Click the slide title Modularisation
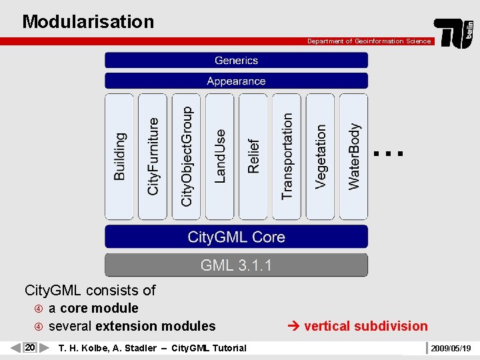click(x=88, y=21)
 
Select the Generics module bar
click(x=236, y=60)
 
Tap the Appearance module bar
click(x=236, y=81)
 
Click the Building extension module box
click(x=119, y=157)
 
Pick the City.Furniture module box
click(x=153, y=157)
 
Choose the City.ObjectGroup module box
click(x=186, y=157)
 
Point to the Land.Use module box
click(x=219, y=157)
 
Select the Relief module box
click(x=253, y=157)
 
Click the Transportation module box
click(x=287, y=157)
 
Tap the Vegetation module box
click(x=321, y=157)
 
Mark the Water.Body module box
click(x=354, y=157)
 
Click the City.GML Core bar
click(x=236, y=237)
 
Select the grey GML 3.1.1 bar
click(x=236, y=265)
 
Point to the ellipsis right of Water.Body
click(x=389, y=153)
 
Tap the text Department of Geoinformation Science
click(x=369, y=41)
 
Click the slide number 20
click(x=30, y=347)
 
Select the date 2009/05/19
click(x=451, y=348)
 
